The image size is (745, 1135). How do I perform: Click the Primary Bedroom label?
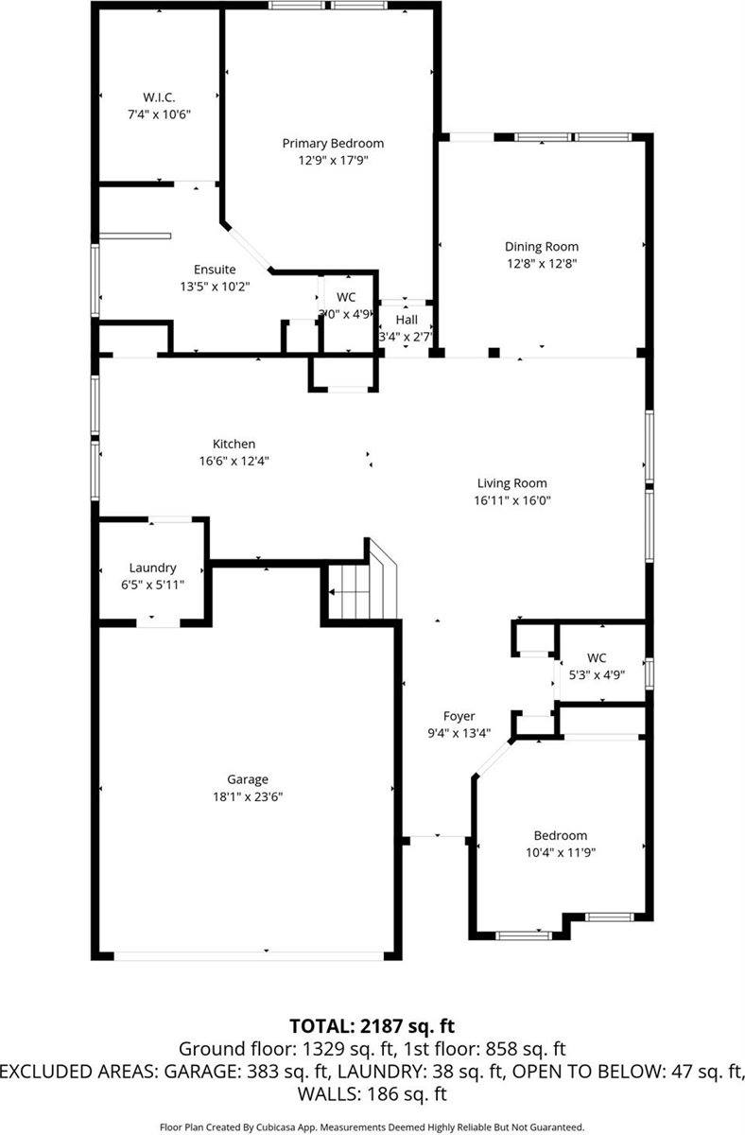click(x=333, y=143)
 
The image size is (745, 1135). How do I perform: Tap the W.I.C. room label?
click(x=159, y=96)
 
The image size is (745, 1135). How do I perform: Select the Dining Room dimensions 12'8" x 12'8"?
click(x=542, y=264)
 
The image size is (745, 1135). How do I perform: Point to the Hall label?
click(x=406, y=320)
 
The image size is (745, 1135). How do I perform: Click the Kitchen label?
click(x=234, y=444)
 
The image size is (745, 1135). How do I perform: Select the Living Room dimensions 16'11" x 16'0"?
click(x=512, y=500)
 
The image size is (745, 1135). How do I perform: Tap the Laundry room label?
click(x=152, y=567)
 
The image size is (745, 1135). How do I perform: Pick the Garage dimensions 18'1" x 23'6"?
click(x=247, y=796)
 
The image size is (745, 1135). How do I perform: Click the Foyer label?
click(x=459, y=716)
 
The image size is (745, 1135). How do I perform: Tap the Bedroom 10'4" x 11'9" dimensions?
click(x=560, y=851)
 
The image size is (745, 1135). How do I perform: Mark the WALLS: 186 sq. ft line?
click(x=372, y=1094)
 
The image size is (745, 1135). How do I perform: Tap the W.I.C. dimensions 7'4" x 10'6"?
click(x=159, y=113)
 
